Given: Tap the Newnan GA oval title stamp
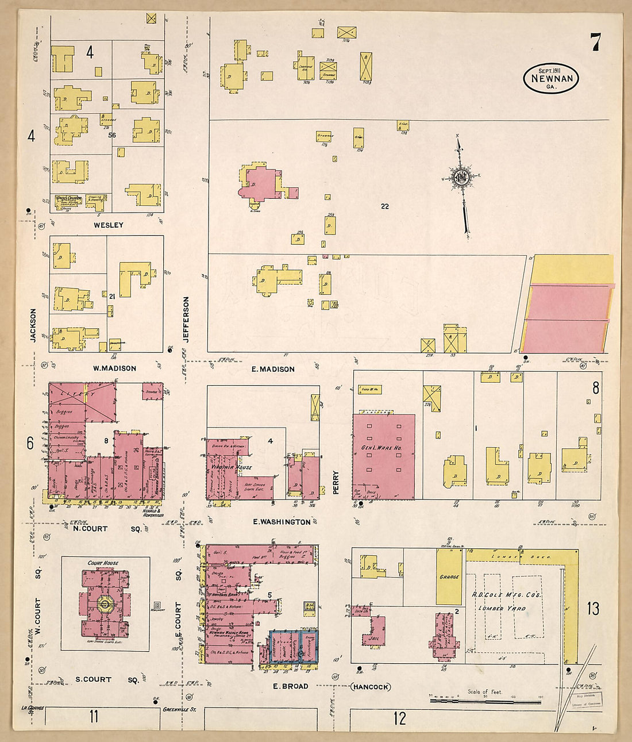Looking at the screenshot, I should coord(551,79).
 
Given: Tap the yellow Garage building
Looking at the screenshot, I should coord(449,576).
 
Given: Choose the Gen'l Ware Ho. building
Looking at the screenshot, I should coord(384,457).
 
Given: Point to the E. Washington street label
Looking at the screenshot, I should coord(282,522).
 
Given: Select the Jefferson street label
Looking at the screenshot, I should coord(186,319).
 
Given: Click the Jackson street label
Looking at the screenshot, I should coord(33,325).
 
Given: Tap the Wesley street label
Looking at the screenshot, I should coord(109,225).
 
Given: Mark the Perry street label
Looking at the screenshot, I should coord(336,482).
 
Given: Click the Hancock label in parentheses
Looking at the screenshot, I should coord(371,686).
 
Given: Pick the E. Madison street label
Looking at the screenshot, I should coord(273,369).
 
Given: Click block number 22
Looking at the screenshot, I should coord(384,206).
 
